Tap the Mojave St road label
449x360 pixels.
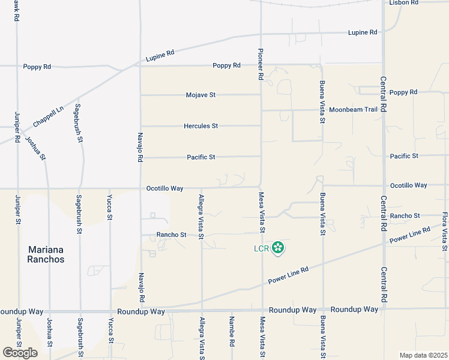point(200,95)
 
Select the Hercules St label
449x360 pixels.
point(200,126)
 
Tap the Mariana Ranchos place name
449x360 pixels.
point(46,254)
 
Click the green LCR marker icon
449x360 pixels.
point(277,247)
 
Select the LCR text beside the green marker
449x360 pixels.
point(259,247)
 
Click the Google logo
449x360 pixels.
point(20,353)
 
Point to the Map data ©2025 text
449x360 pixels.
point(423,355)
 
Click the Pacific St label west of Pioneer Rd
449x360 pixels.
point(200,157)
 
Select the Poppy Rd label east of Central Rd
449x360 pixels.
point(403,92)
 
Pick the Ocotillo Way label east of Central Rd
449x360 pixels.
point(408,185)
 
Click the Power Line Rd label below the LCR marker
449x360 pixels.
point(288,276)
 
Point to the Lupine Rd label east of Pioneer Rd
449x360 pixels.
point(363,32)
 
